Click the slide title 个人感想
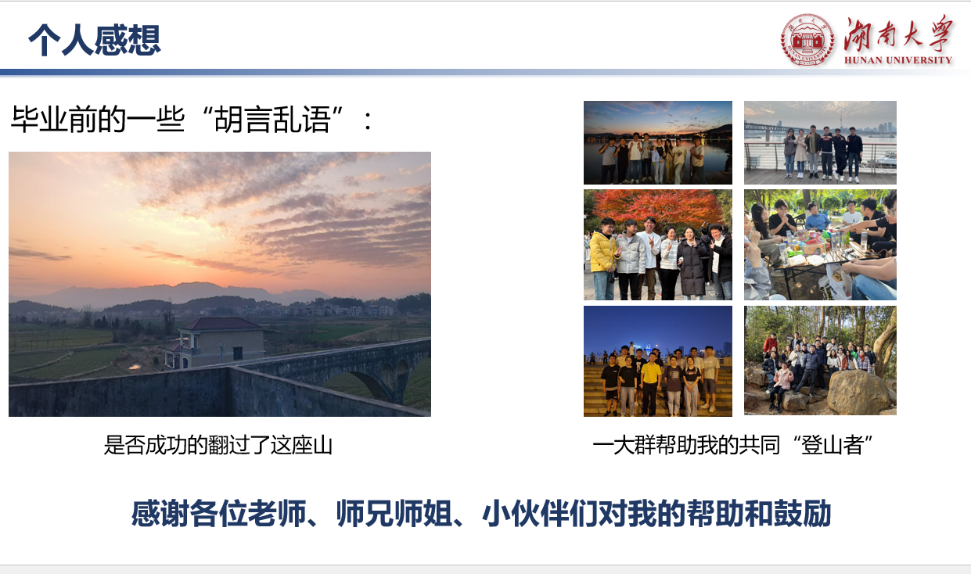pyautogui.click(x=95, y=40)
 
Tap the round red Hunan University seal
pyautogui.click(x=807, y=40)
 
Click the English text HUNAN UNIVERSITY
pyautogui.click(x=897, y=60)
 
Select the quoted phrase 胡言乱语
pyautogui.click(x=272, y=120)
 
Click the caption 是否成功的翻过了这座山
pyautogui.click(x=218, y=445)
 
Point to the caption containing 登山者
pyautogui.click(x=732, y=445)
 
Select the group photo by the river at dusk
pyautogui.click(x=657, y=142)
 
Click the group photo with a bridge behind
pyautogui.click(x=820, y=142)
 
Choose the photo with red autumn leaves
pyautogui.click(x=657, y=245)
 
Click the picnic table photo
pyautogui.click(x=820, y=245)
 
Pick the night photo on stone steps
pyautogui.click(x=657, y=361)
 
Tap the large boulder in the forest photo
pyautogui.click(x=856, y=392)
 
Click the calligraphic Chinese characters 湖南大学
pyautogui.click(x=897, y=34)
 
